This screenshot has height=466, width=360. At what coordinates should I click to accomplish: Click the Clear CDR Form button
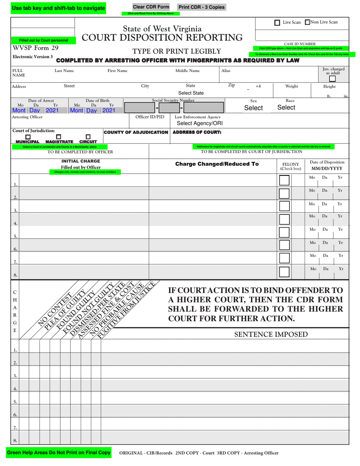tap(151, 7)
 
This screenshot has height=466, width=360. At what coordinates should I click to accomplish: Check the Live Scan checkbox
tap(277, 23)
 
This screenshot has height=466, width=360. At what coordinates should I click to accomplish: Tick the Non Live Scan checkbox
tap(307, 22)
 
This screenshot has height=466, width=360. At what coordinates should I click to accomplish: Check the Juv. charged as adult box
tap(332, 79)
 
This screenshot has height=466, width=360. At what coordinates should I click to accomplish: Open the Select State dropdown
tap(191, 93)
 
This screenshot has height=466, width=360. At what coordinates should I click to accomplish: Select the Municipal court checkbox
tap(28, 137)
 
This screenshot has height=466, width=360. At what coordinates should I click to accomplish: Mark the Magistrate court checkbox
tap(59, 137)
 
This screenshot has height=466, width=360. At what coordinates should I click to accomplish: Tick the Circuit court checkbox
tap(88, 137)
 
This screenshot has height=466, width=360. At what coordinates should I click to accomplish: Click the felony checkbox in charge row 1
tap(284, 181)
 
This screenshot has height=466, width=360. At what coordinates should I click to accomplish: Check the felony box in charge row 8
tap(284, 272)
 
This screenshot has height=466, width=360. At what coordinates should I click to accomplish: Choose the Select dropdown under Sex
tap(253, 108)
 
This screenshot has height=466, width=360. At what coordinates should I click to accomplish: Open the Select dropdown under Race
tap(286, 108)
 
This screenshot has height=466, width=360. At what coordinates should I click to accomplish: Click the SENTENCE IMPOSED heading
tap(271, 334)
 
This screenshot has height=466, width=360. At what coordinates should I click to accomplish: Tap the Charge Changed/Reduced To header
tap(217, 164)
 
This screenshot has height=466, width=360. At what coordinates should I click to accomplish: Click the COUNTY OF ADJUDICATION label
tap(136, 132)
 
